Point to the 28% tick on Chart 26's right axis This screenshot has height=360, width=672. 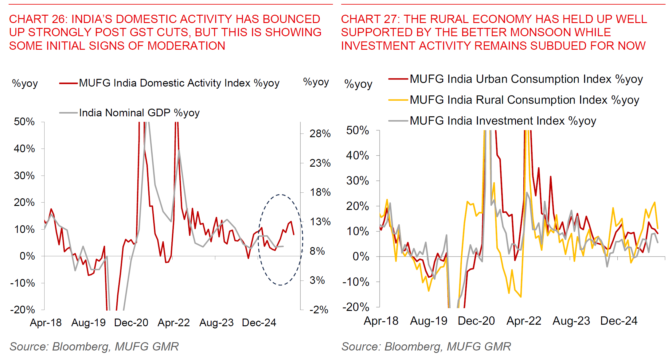[320, 134]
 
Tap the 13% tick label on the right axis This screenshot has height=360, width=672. [320, 222]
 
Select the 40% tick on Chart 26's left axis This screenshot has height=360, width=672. [24, 149]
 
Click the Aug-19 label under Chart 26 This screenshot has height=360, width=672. [88, 323]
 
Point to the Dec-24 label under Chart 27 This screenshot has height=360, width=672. [619, 321]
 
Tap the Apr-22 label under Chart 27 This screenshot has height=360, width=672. [524, 321]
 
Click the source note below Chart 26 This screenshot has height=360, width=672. [94, 346]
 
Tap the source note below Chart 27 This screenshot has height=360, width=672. [426, 346]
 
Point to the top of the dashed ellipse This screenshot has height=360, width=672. [280, 195]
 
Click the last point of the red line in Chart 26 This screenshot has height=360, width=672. [294, 235]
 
